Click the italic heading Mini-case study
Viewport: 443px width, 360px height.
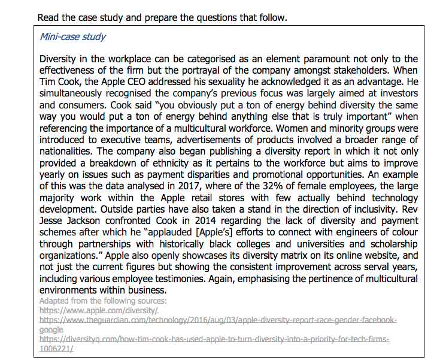72,37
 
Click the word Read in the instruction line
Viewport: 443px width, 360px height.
48,17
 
